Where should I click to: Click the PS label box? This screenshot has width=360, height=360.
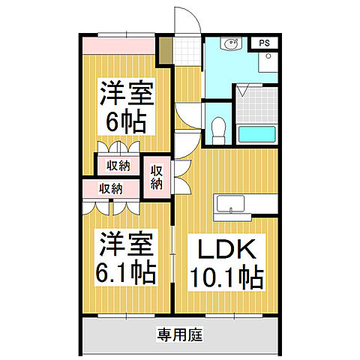[x=265, y=43]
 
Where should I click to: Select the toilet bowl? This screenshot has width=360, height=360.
[x=219, y=130]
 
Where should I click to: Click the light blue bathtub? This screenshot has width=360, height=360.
[x=257, y=135]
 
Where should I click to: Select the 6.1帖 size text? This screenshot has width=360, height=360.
[x=124, y=271]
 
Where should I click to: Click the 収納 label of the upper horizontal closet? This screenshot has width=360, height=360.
[x=117, y=164]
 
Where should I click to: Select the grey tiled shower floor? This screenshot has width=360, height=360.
[x=256, y=104]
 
